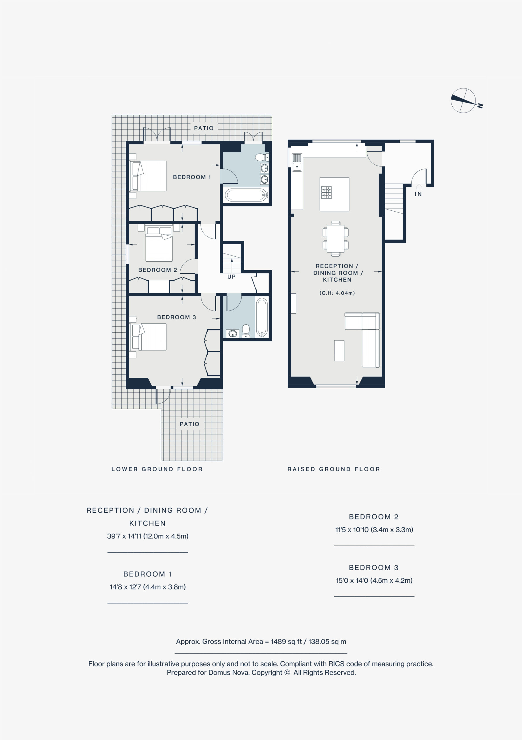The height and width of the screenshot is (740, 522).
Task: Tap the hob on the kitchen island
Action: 326,193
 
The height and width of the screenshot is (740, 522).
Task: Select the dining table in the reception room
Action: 336,238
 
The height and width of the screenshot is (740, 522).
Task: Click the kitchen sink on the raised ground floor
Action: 297,162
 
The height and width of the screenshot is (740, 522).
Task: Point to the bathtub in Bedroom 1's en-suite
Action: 246,195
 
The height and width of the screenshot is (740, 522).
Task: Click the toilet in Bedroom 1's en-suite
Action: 261,157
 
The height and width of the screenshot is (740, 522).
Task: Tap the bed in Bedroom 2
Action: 159,244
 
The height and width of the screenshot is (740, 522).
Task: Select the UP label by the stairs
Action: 231,277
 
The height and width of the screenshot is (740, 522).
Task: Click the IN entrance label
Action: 418,194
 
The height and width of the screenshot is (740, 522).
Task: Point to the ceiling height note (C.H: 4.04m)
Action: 337,293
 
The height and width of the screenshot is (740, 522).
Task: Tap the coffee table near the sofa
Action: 339,351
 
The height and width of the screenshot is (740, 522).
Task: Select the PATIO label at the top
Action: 204,128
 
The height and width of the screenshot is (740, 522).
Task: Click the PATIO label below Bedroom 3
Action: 190,424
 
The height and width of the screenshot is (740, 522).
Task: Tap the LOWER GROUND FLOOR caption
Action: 157,469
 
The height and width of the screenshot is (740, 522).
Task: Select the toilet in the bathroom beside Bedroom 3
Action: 246,331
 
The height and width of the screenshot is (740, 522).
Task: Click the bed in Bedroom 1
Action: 149,176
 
